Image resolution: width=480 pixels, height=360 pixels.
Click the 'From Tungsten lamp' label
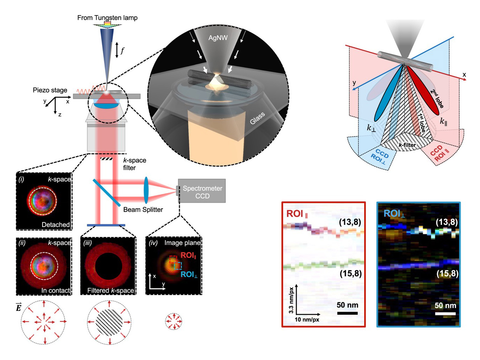tap(107, 18)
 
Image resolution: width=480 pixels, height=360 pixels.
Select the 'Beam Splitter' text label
tap(143, 210)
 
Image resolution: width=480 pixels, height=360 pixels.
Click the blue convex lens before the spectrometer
tap(146, 190)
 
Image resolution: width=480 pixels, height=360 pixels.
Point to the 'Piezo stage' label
tap(50, 90)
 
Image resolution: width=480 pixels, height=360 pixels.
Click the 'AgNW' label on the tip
tap(218, 38)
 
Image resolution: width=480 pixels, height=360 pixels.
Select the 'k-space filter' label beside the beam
tap(134, 164)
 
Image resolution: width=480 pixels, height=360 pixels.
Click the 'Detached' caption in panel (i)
tap(56, 225)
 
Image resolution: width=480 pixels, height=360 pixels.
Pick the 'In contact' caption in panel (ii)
tap(55, 291)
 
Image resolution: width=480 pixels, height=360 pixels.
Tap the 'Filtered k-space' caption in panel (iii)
tap(110, 291)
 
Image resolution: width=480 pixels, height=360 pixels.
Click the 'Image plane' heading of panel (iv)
tap(182, 243)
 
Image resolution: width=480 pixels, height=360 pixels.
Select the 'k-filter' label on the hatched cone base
tap(407, 145)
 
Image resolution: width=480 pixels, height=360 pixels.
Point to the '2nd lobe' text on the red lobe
tap(437, 99)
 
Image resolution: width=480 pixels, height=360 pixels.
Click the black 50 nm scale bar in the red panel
tap(347, 313)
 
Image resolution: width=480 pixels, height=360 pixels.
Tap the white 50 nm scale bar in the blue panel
tap(445, 313)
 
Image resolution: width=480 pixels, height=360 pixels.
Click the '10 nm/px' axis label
tap(307, 320)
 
